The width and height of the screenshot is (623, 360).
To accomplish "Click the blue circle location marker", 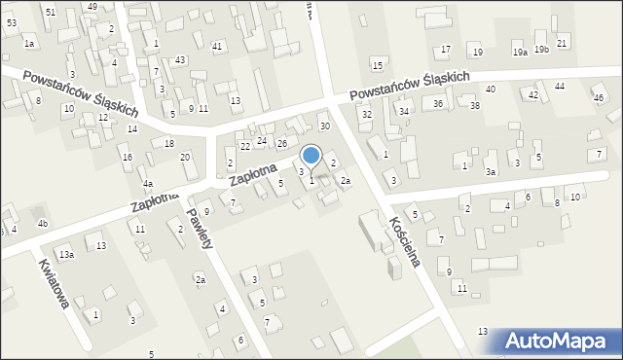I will (311, 155).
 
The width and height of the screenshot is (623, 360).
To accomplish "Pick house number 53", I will (12, 21).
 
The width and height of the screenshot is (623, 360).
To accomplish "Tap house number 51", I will (51, 11).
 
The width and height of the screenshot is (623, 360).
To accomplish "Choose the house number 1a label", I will (29, 44).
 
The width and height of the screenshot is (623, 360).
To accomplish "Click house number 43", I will (180, 60).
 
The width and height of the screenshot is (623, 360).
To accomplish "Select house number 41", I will (217, 47).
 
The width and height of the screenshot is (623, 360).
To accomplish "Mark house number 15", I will (377, 65).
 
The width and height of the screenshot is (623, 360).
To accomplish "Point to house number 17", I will (446, 50).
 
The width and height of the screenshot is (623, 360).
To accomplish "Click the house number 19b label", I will (542, 50).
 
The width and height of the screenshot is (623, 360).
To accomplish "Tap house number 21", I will (562, 45).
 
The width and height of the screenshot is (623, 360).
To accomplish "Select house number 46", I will (598, 98).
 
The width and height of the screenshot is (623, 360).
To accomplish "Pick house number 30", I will (325, 126).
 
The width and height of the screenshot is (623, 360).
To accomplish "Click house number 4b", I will (42, 224).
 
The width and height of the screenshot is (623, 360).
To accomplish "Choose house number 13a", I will (66, 254).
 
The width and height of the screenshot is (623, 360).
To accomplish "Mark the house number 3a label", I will (492, 172).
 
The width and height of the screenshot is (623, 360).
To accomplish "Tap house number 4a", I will (148, 183).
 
